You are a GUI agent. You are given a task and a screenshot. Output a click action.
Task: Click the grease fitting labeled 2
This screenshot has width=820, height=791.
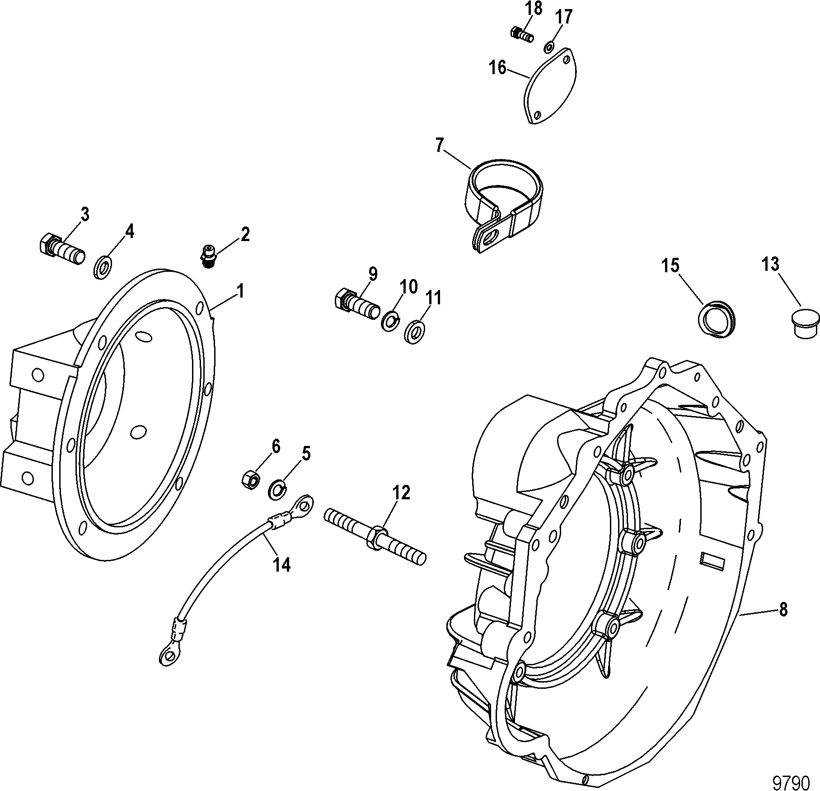point(208,256)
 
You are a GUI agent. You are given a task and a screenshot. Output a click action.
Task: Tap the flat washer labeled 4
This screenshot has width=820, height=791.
point(103,266)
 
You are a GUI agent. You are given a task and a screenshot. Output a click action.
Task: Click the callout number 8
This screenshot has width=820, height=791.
point(783,611)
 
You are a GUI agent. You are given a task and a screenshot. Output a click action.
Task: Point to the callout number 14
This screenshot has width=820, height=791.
point(282,564)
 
